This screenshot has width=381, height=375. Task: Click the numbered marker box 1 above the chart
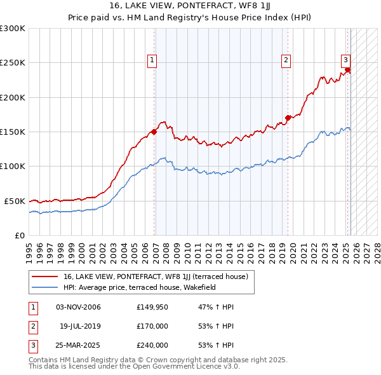point(152,60)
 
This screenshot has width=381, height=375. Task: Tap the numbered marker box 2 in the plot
point(286,60)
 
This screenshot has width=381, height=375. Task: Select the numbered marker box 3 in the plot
point(345,60)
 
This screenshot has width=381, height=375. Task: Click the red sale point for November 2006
point(154,132)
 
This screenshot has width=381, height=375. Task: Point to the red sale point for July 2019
point(288,118)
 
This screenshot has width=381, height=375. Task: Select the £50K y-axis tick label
point(15,201)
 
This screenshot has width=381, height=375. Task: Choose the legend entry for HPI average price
point(140,287)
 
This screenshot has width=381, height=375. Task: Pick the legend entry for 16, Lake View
point(159,276)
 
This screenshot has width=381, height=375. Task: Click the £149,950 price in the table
point(152,308)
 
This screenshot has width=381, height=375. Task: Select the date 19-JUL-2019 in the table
point(80,326)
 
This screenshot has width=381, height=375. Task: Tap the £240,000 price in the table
point(152,345)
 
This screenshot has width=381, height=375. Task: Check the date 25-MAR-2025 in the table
point(79,345)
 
